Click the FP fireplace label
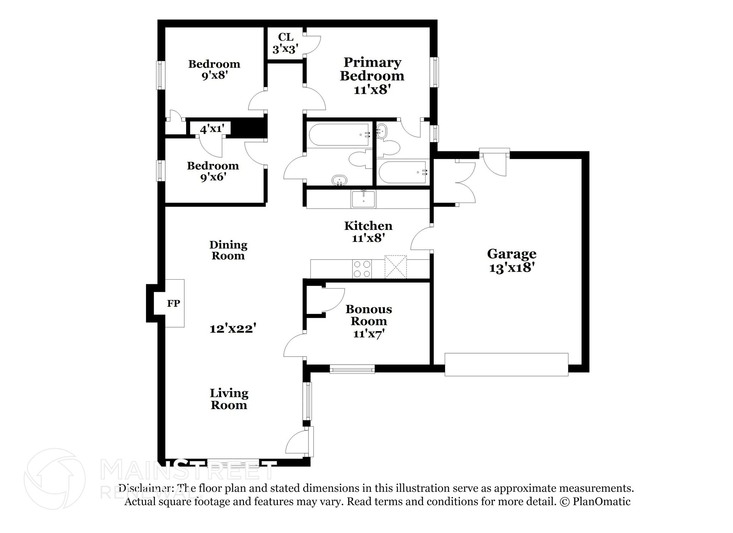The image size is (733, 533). (x=174, y=304)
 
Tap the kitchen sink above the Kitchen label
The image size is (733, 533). (x=363, y=199)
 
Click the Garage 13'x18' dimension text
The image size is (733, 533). (x=511, y=267)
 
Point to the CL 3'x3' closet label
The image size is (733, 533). (x=285, y=43)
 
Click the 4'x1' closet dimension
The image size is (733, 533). (x=212, y=129)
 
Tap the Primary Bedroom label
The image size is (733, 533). (x=372, y=69)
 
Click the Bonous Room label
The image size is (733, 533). (x=369, y=315)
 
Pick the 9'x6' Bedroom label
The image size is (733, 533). (x=213, y=171)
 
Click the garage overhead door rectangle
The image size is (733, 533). (x=506, y=364)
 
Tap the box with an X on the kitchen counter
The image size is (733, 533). (x=395, y=267)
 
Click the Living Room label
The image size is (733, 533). (x=229, y=399)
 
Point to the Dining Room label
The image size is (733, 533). (x=228, y=250)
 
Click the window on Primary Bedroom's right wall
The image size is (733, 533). (x=435, y=71)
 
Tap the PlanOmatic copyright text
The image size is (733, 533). (x=595, y=501)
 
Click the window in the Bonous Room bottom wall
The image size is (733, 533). (x=352, y=369)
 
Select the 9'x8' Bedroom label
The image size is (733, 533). (x=214, y=69)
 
